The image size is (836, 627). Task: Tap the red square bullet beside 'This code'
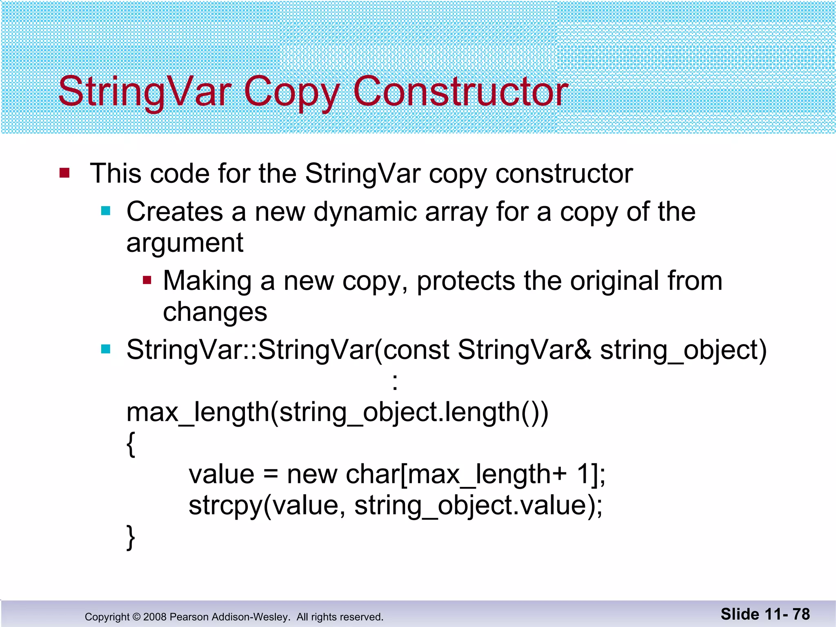coord(64,173)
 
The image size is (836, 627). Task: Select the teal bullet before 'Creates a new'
coord(106,211)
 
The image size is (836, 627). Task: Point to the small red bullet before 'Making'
coord(147,280)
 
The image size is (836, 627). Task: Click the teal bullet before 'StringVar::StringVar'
coord(106,349)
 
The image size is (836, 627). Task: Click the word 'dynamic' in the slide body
coord(365,212)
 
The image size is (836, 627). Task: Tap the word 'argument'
coord(185,243)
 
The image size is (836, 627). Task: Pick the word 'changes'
coord(215,313)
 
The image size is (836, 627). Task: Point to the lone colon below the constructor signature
coord(394,382)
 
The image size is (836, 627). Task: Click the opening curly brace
coord(131,444)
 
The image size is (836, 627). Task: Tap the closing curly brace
coord(131,537)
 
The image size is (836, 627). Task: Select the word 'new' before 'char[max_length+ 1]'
coord(312,475)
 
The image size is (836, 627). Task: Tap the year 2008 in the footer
coord(155,617)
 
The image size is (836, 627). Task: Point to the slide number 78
coord(801,614)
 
